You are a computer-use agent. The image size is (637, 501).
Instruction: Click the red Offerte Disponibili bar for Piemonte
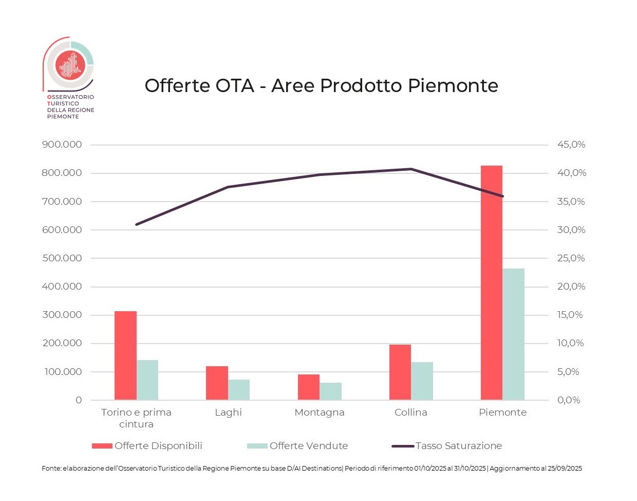[x=492, y=282]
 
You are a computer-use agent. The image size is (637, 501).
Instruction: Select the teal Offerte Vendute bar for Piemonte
[x=514, y=334]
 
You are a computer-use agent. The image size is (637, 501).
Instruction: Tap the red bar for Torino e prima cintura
[x=125, y=355]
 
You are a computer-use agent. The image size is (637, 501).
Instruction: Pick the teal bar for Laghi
[x=239, y=389]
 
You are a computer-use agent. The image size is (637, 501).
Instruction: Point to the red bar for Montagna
[x=309, y=387]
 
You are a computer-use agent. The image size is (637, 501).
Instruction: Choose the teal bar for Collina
[x=422, y=381]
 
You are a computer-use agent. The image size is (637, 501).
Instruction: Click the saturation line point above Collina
[x=411, y=169]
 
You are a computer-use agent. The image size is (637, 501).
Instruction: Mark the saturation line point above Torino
[x=137, y=224]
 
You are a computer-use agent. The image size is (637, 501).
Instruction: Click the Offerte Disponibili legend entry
[x=147, y=446]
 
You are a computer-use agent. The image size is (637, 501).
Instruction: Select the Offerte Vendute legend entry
[x=298, y=446]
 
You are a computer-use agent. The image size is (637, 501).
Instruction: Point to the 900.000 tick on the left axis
[x=62, y=145]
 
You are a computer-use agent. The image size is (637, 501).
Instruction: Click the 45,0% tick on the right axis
[x=571, y=145]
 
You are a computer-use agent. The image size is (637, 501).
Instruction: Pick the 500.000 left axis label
[x=62, y=258]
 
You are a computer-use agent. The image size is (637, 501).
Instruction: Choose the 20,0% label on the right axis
[x=571, y=287]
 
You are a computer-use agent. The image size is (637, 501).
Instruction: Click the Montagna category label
[x=320, y=413]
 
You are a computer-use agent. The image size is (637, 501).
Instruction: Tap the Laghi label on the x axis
[x=228, y=413]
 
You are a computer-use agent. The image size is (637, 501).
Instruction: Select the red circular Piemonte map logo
[x=70, y=65]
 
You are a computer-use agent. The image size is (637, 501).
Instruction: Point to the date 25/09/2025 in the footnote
[x=565, y=469]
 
